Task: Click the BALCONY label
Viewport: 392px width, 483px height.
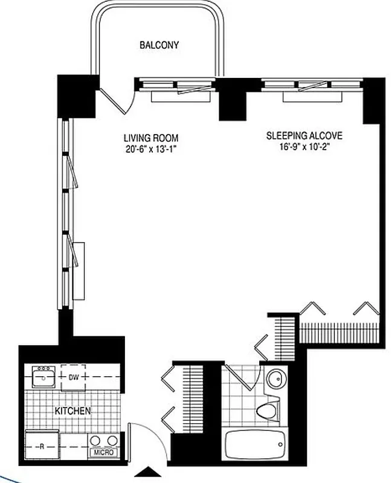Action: [x=159, y=45]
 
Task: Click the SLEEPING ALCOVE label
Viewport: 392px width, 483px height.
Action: [x=300, y=135]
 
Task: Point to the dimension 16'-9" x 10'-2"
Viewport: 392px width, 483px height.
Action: [x=300, y=147]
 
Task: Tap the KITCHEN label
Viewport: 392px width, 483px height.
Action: [x=72, y=411]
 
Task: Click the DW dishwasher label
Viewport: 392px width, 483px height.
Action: [x=72, y=378]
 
